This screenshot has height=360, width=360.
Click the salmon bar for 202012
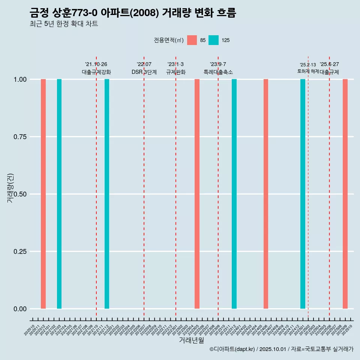(43, 194)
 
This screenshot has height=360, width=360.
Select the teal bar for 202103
(59, 194)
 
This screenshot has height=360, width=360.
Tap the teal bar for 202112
(107, 194)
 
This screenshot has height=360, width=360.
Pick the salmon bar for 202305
(197, 194)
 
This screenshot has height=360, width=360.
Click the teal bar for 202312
(234, 194)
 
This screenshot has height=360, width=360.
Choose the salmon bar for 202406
(266, 194)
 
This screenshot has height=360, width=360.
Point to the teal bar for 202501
(303, 194)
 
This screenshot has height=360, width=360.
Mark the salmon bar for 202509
(345, 194)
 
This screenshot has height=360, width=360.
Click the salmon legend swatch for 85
(192, 40)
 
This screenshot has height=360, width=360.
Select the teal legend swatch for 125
(213, 40)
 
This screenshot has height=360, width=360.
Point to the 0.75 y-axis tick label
(19, 137)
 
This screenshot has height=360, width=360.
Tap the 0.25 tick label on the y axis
(19, 252)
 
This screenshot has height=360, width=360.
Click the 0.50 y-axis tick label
(19, 194)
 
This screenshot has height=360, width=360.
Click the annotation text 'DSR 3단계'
(144, 72)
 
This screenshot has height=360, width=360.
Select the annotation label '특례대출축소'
(218, 72)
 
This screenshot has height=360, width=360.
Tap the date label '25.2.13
(308, 65)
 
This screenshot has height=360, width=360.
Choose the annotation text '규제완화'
(176, 72)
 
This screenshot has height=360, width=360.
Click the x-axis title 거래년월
(192, 340)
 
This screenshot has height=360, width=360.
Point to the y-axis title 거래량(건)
(10, 188)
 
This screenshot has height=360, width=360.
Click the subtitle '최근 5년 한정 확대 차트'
(64, 24)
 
